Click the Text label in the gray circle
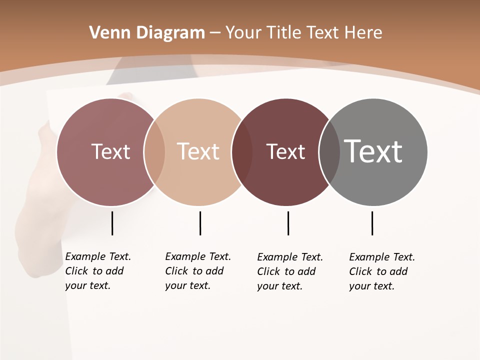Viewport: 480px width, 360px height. (373, 151)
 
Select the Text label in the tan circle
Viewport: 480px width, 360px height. (198, 151)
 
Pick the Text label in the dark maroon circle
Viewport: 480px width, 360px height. (286, 152)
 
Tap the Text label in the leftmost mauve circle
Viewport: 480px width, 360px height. (111, 151)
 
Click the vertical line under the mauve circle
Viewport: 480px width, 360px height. (112, 223)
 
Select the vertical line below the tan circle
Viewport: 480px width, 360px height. (200, 223)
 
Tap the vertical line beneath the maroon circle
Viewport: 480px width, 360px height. (288, 223)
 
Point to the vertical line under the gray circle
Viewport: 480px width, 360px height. (372, 223)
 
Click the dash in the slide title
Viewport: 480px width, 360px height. (215, 33)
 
